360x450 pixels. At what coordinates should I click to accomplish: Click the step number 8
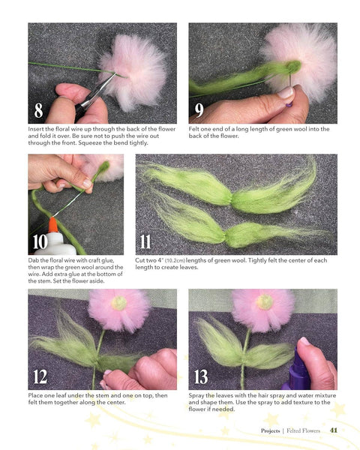[38, 110]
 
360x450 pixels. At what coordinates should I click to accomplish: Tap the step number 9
[199, 110]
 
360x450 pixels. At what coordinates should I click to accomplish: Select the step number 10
[40, 241]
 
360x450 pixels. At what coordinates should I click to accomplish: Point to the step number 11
[145, 241]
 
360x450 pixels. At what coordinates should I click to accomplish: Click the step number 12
[40, 376]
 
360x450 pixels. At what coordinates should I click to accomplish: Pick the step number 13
[201, 376]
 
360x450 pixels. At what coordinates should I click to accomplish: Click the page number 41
[334, 430]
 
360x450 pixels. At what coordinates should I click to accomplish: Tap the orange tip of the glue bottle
[53, 225]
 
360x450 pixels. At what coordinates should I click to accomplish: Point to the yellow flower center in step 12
[118, 303]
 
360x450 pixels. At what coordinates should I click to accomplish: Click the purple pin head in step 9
[289, 105]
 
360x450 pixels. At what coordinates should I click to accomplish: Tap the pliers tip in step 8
[114, 75]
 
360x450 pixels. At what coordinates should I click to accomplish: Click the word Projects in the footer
[270, 430]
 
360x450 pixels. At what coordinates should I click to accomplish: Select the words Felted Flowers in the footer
[303, 430]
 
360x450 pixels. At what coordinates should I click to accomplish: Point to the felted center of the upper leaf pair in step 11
[231, 199]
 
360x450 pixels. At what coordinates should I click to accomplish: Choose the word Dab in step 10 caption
[33, 260]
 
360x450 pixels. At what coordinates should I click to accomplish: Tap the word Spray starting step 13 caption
[196, 396]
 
